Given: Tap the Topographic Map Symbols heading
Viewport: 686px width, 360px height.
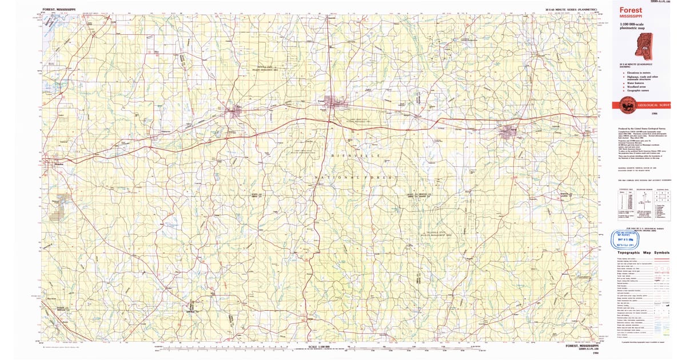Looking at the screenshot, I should [641, 252].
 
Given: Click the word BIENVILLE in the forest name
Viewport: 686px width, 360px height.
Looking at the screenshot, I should [354, 155].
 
